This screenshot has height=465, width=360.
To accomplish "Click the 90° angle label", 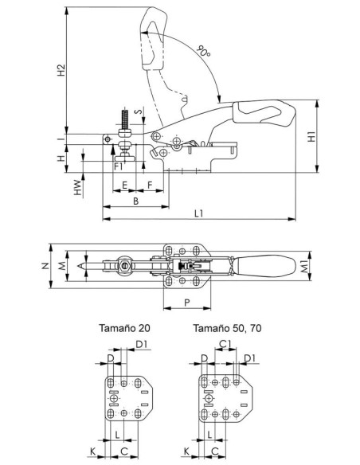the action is [x=204, y=51].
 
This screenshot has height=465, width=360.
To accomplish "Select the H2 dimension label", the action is [x=61, y=70].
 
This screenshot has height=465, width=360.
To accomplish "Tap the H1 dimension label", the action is [x=311, y=137].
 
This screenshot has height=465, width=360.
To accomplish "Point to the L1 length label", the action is [x=199, y=213].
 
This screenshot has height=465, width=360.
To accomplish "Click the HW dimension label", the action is [x=78, y=187].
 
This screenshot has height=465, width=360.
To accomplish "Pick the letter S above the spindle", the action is [x=139, y=111].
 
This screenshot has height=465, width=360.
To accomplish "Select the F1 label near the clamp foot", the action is [x=119, y=166].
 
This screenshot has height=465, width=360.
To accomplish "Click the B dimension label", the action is [x=136, y=201].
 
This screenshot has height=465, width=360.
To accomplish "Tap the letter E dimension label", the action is [x=125, y=186].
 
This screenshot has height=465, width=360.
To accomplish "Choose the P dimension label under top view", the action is [x=187, y=303].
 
